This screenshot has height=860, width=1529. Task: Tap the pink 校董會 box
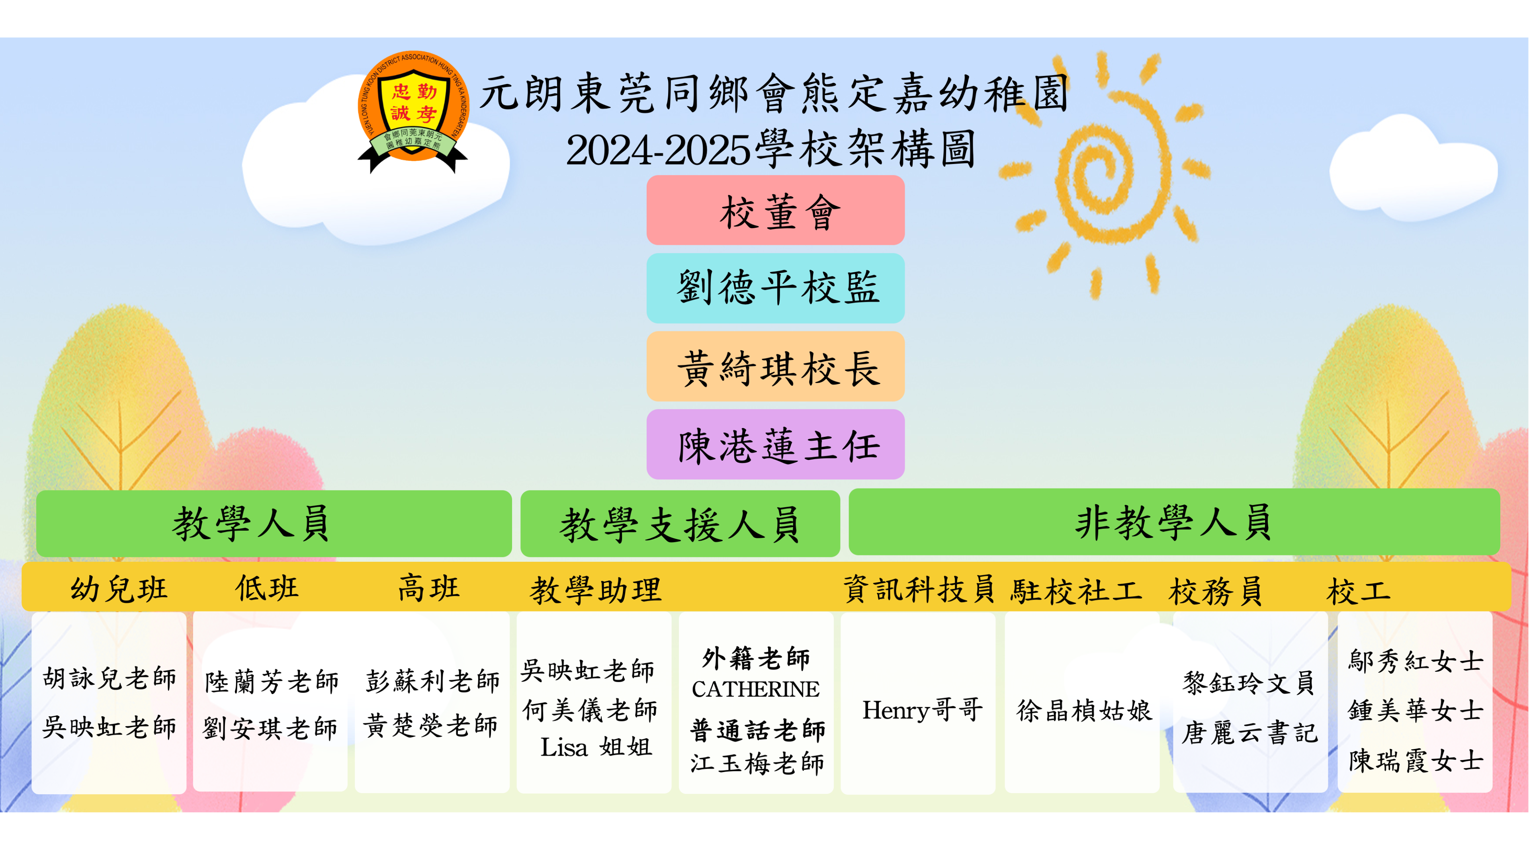775,210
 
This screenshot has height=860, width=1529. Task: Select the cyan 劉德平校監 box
775,288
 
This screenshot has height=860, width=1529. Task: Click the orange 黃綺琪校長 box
775,366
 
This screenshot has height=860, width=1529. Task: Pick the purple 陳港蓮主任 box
775,445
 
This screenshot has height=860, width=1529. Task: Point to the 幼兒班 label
119,589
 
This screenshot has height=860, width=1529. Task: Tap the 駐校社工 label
1076,590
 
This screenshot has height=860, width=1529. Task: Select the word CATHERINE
756,689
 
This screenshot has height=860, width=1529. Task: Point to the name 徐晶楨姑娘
1084,710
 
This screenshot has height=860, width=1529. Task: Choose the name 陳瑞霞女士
1416,760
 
